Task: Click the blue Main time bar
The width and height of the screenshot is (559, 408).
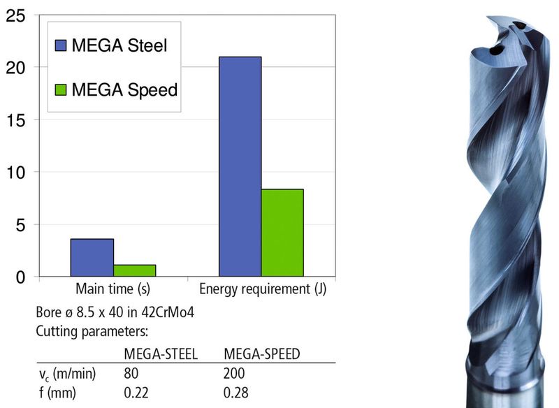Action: pos(92,258)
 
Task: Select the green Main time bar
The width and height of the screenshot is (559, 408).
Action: pos(134,270)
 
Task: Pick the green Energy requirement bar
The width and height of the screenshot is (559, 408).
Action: pos(282,233)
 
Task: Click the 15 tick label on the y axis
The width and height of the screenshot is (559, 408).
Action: pos(15,119)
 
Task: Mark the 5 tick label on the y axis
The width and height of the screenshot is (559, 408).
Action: pos(20,225)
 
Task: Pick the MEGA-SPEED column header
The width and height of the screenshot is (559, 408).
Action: pos(261,354)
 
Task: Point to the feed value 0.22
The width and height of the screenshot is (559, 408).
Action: pos(136,393)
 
